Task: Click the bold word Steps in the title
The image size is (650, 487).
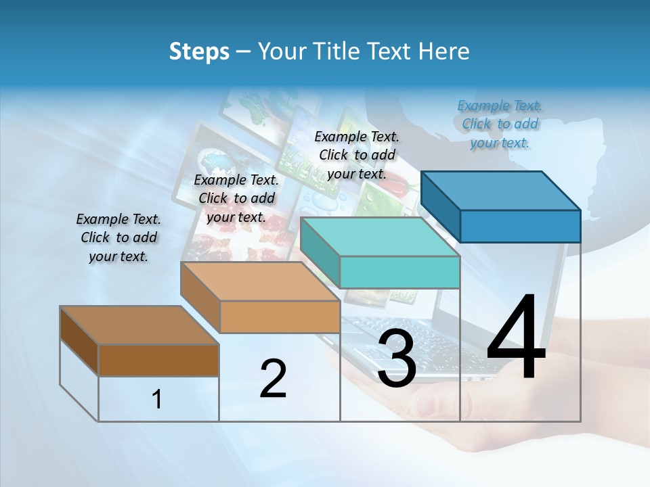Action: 199,52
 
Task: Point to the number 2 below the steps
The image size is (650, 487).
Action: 273,378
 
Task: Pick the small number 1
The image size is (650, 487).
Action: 157,400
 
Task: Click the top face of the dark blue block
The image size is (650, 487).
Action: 501,190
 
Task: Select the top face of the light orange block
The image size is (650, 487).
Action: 260,281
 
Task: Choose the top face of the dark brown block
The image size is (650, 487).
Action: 139,325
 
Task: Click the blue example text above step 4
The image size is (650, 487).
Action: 500,124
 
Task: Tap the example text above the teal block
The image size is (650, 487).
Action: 357,155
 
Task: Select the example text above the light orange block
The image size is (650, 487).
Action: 236,198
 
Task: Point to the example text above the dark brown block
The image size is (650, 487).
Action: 118,237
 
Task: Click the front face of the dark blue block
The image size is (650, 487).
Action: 520,226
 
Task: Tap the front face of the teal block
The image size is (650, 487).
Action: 399,273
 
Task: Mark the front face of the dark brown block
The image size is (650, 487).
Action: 158,360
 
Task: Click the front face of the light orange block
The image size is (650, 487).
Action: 280,317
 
